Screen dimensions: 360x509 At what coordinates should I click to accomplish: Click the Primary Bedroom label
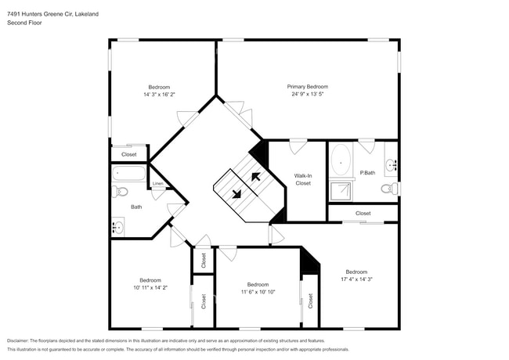307,87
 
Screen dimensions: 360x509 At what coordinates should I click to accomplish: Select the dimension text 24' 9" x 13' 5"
307,95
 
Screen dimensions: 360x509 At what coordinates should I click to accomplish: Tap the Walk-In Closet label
303,179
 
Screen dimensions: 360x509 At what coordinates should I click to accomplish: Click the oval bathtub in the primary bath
341,160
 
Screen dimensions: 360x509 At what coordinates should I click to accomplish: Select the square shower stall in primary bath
341,189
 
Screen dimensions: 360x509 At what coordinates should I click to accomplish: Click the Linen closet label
157,185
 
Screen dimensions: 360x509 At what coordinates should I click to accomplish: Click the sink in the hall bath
118,227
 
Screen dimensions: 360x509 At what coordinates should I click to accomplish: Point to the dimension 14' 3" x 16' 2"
159,95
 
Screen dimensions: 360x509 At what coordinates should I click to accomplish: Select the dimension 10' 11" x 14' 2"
150,287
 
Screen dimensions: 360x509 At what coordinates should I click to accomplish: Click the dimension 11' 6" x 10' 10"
258,292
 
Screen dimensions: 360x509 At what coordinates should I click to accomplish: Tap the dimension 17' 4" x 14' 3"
356,279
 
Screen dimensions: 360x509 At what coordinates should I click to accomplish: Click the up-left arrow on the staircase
255,177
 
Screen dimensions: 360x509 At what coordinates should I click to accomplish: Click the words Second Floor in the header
24,23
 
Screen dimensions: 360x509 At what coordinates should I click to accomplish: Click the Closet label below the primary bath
363,213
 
